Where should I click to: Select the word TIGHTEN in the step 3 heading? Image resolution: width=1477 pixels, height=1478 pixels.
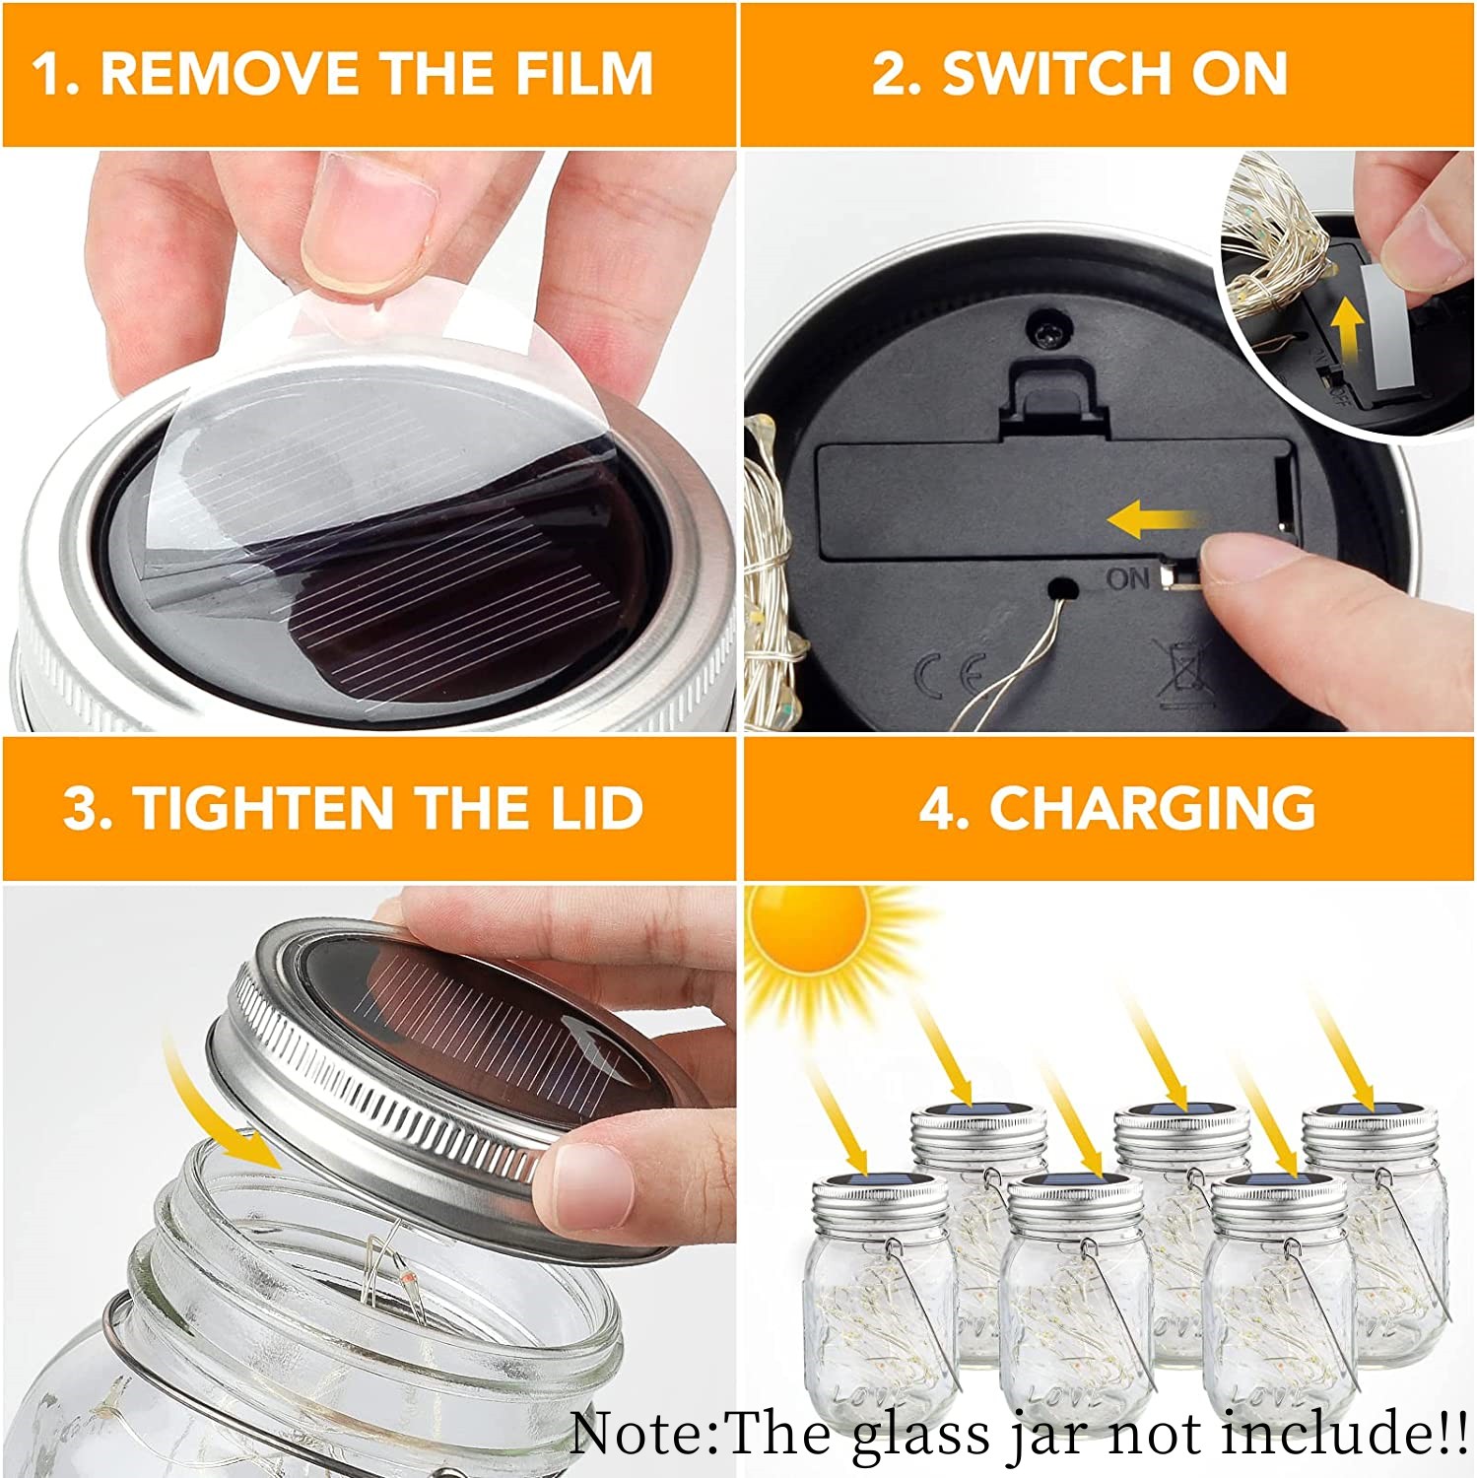click(265, 808)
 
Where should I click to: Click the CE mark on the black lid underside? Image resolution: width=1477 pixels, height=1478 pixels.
click(949, 675)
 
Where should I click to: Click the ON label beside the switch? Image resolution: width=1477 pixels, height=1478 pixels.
click(1128, 578)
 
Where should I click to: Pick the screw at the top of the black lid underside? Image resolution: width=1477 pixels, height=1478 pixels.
click(1046, 329)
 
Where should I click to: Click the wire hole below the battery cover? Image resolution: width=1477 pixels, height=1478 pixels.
click(1061, 590)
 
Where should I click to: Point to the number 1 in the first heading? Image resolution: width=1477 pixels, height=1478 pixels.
click(47, 74)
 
